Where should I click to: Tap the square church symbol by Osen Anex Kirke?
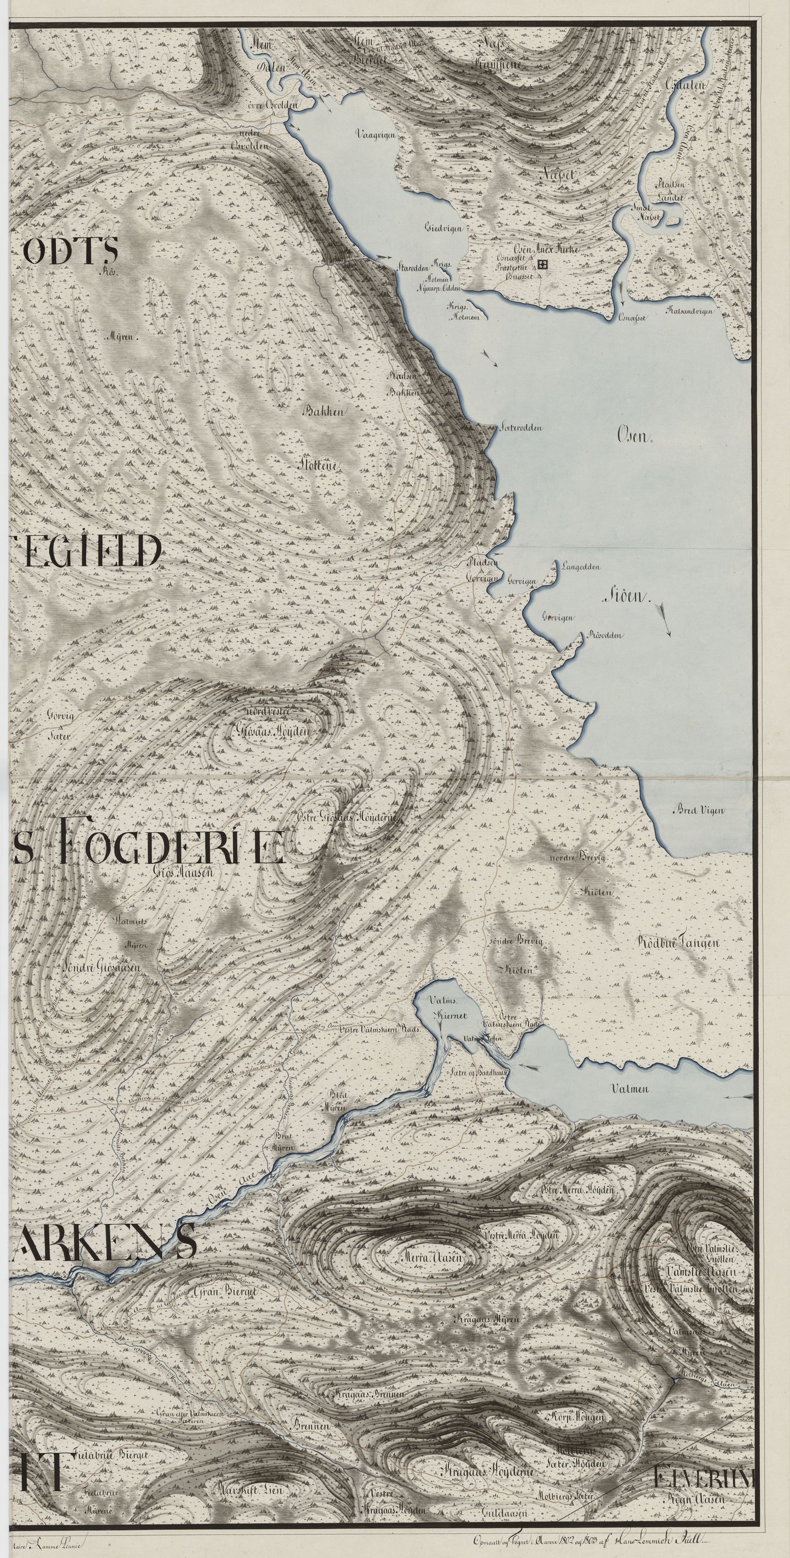pos(541,263)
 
